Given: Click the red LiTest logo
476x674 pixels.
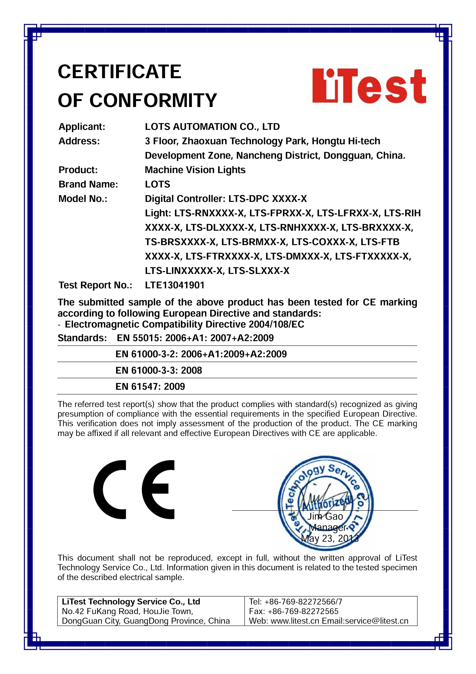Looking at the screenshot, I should tap(369, 86).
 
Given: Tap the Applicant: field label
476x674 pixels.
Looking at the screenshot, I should tap(82, 127).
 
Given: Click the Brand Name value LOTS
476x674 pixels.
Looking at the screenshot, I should tap(158, 184).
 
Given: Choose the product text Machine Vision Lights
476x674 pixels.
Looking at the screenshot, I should tap(195, 170).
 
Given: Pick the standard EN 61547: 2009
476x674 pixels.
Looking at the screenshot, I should tap(150, 387).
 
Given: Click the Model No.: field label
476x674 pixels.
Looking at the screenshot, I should tap(83, 199).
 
